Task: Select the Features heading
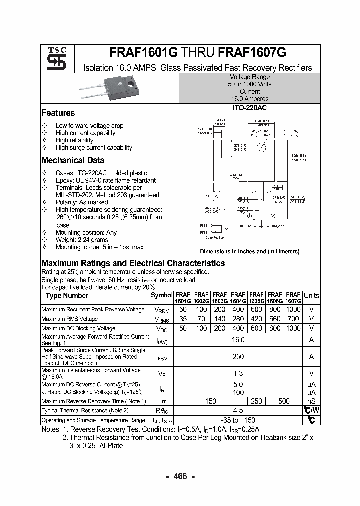[x=58, y=113]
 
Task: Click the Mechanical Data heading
[x=73, y=161]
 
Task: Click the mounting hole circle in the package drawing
[x=261, y=147]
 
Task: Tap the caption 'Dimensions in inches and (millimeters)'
[x=249, y=252]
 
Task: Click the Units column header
[x=311, y=295]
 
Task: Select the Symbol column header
[x=161, y=295]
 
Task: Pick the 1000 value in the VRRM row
[x=293, y=310]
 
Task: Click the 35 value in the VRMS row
[x=183, y=319]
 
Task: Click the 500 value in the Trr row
[x=284, y=401]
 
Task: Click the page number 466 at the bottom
[x=180, y=476]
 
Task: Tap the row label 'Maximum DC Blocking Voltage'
[x=78, y=328]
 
